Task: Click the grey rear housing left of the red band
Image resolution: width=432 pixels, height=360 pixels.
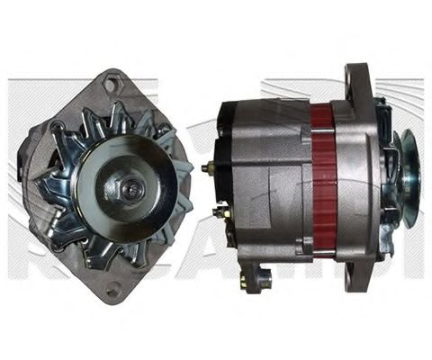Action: coord(270,180)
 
